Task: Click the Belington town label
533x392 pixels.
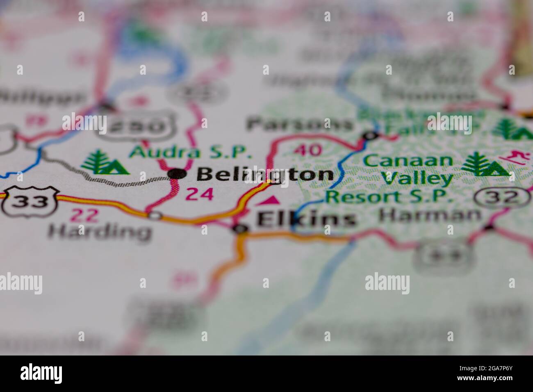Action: pyautogui.click(x=265, y=175)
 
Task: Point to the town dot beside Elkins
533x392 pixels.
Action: pyautogui.click(x=241, y=229)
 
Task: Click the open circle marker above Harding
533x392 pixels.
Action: pyautogui.click(x=155, y=215)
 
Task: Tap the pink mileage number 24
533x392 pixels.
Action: pyautogui.click(x=200, y=194)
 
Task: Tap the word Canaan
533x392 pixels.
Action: pyautogui.click(x=408, y=160)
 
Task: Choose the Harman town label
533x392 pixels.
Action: pyautogui.click(x=430, y=214)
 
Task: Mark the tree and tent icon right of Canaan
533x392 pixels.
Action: pyautogui.click(x=484, y=165)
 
